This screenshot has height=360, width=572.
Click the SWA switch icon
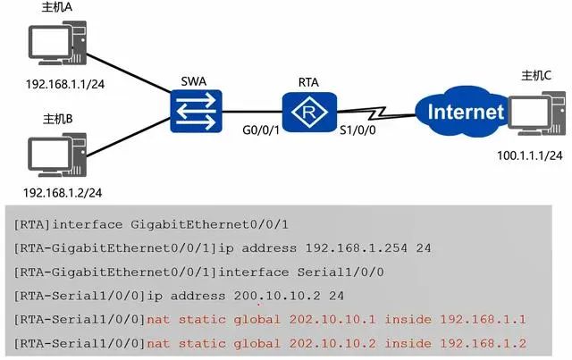(196, 112)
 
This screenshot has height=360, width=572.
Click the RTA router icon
(309, 112)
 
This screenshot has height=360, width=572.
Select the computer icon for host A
(57, 43)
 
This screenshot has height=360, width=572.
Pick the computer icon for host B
(57, 155)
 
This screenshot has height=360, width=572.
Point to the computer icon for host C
(536, 113)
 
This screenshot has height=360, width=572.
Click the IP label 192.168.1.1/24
(65, 84)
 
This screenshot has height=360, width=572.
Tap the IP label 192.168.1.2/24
(63, 193)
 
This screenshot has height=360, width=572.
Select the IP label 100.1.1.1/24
(530, 155)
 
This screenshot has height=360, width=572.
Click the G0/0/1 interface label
(261, 130)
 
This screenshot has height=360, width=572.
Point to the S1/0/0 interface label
(357, 130)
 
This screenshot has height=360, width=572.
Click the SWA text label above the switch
(194, 81)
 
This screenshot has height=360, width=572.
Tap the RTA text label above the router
(308, 82)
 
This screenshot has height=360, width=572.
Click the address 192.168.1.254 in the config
(356, 248)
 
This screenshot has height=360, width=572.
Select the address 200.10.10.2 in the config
(277, 296)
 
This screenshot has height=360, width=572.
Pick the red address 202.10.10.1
(332, 320)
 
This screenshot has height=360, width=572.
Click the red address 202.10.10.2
(332, 343)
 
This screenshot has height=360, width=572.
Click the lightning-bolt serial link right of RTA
(376, 113)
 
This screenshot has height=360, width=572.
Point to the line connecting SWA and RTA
(252, 112)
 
